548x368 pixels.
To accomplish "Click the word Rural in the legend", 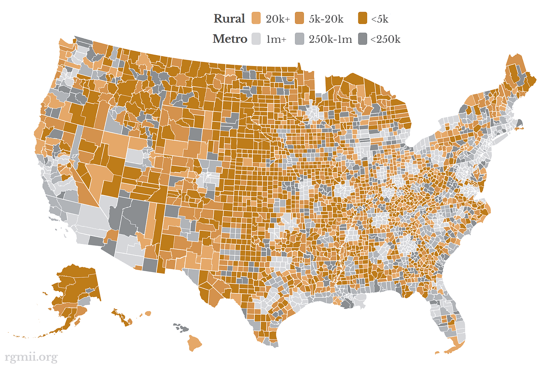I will click(229, 18).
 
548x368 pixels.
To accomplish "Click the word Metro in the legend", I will click(230, 39).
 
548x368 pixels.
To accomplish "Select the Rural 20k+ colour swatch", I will click(256, 18).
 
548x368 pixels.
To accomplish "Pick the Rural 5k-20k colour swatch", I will click(299, 18).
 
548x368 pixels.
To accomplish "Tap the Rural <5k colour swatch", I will click(362, 18).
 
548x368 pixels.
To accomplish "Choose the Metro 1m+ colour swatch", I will click(256, 39).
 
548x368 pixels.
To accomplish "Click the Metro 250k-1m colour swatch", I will click(299, 39).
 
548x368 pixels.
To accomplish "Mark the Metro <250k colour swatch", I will click(362, 39).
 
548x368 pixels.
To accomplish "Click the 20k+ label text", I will click(277, 19).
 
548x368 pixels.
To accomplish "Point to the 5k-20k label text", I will click(326, 19).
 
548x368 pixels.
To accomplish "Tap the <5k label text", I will click(380, 19).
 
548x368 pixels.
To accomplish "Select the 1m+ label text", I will click(276, 39).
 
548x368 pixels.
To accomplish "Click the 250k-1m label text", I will click(330, 39).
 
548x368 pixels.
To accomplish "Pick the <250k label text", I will click(385, 39).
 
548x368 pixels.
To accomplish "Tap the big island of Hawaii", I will click(194, 343).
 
